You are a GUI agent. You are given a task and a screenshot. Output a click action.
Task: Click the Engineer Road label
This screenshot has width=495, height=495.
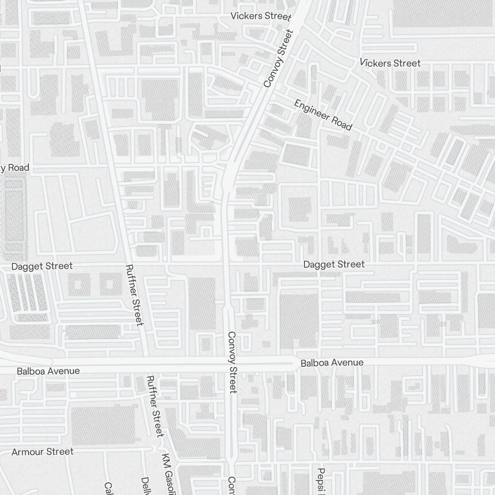323,115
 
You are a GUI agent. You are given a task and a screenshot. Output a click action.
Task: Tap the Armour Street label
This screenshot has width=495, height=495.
43,451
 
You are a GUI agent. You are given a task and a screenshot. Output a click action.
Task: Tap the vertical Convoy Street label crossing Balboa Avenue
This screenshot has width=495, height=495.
233,362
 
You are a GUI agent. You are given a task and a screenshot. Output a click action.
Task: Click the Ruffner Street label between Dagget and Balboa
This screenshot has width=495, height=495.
135,295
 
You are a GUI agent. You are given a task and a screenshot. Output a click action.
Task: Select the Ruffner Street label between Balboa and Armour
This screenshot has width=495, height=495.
155,406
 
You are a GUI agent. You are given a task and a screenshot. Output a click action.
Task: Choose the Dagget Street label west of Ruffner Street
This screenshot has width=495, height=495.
42,266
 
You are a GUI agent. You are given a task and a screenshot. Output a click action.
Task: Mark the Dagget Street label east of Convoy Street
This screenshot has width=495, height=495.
334,264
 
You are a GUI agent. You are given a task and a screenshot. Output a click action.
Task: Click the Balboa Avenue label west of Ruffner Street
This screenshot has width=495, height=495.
48,371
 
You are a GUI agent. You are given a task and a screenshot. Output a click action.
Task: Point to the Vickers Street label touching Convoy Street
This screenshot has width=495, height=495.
261,16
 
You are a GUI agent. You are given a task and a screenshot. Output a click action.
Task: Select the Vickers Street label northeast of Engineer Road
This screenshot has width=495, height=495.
390,63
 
